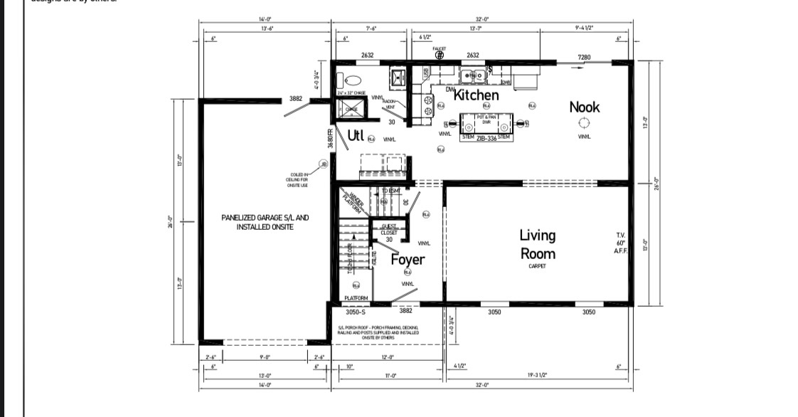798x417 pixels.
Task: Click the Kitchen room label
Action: (477, 95)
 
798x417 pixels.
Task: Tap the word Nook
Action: (584, 107)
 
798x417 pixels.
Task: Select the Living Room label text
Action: (537, 244)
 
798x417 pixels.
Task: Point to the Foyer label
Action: (407, 260)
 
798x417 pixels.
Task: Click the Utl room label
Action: (356, 135)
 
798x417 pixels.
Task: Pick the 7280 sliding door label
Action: (584, 57)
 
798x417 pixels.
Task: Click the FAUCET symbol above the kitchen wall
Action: (439, 54)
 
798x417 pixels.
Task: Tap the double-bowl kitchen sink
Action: (472, 75)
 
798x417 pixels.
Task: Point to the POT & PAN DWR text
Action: (486, 119)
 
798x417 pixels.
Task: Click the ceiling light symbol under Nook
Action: (584, 122)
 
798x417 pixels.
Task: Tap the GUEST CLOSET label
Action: (389, 229)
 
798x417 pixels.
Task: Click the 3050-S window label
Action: (355, 312)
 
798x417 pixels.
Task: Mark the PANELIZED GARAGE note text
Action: (265, 222)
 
